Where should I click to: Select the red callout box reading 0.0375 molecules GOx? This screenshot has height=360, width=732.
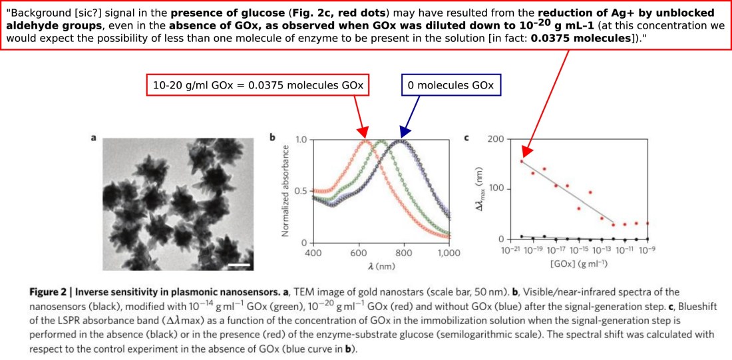pyautogui.click(x=258, y=85)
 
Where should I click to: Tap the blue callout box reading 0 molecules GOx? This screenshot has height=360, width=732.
pyautogui.click(x=450, y=85)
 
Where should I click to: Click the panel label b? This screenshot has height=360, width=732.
pyautogui.click(x=272, y=138)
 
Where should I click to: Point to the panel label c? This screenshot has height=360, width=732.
pyautogui.click(x=466, y=138)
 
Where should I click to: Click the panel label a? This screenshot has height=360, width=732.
pyautogui.click(x=94, y=138)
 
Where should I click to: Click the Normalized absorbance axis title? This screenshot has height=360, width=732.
pyautogui.click(x=285, y=192)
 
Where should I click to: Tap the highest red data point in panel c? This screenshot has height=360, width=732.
pyautogui.click(x=522, y=161)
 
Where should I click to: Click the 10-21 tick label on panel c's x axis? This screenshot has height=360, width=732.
pyautogui.click(x=510, y=251)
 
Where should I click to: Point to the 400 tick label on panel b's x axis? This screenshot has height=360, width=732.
pyautogui.click(x=311, y=253)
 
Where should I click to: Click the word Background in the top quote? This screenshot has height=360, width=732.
pyautogui.click(x=36, y=13)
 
